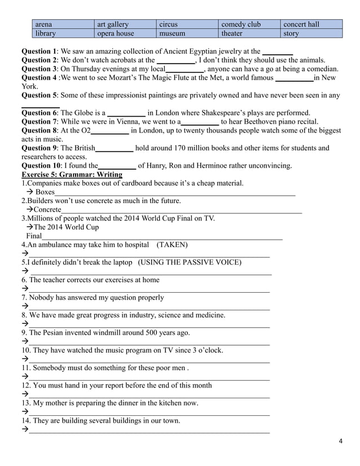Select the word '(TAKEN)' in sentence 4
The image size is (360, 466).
pos(172,245)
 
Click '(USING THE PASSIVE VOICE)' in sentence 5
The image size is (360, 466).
pos(190,262)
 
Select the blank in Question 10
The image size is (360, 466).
pos(117,166)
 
